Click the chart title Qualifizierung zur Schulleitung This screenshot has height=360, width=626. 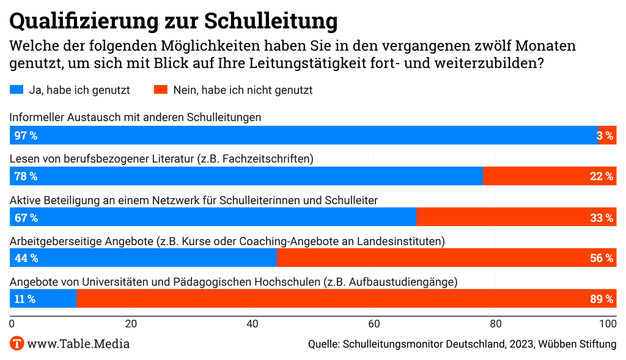(174, 20)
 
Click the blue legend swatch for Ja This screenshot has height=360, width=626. (17, 90)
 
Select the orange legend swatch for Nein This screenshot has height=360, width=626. (160, 90)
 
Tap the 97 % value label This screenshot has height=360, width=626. (26, 136)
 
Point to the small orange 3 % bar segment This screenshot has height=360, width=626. (607, 136)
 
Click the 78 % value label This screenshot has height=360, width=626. (26, 177)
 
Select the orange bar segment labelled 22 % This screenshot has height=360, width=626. (549, 177)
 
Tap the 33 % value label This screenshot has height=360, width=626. (602, 218)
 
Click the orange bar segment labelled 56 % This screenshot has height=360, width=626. (446, 258)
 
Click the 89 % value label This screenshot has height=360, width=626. (602, 299)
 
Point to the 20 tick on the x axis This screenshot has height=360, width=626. (130, 323)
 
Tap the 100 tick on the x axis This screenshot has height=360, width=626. (608, 323)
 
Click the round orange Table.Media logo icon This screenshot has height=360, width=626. (17, 343)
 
